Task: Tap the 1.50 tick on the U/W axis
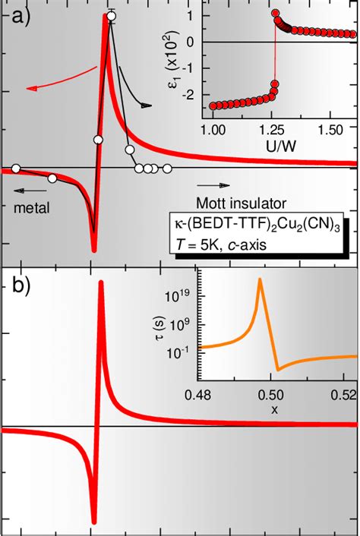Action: pyautogui.click(x=329, y=130)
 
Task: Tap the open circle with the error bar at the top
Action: pyautogui.click(x=112, y=15)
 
